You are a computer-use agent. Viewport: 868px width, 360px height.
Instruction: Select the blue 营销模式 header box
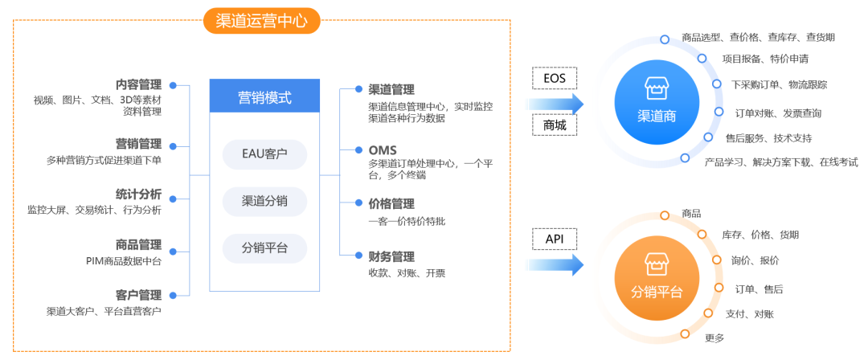tap(264, 98)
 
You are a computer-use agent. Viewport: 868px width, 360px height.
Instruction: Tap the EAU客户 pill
tap(264, 153)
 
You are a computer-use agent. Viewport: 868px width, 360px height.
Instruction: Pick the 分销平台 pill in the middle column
tap(264, 248)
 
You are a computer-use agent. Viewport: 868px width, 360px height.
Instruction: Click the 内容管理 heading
tap(138, 84)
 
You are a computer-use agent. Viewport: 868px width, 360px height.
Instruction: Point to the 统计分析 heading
tap(138, 194)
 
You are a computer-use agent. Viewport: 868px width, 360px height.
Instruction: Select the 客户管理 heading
tap(138, 295)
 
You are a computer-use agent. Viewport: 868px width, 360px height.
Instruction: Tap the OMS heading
tap(383, 149)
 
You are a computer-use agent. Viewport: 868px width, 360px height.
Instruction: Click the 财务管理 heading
tap(391, 257)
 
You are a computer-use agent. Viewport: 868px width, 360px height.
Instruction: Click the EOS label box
tap(555, 78)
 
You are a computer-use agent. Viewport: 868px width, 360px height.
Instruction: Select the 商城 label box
tap(555, 126)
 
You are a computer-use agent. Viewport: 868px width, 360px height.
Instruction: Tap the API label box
tap(555, 239)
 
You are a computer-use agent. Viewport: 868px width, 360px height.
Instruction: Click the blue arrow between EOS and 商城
tap(555, 103)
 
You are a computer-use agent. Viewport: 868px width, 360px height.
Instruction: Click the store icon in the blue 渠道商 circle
tap(657, 88)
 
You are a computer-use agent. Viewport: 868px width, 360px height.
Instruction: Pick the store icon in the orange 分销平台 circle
tap(657, 264)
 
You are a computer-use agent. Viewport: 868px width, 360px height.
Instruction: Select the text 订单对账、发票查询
tap(778, 113)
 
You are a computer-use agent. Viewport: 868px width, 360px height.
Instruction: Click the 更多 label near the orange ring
tap(714, 337)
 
